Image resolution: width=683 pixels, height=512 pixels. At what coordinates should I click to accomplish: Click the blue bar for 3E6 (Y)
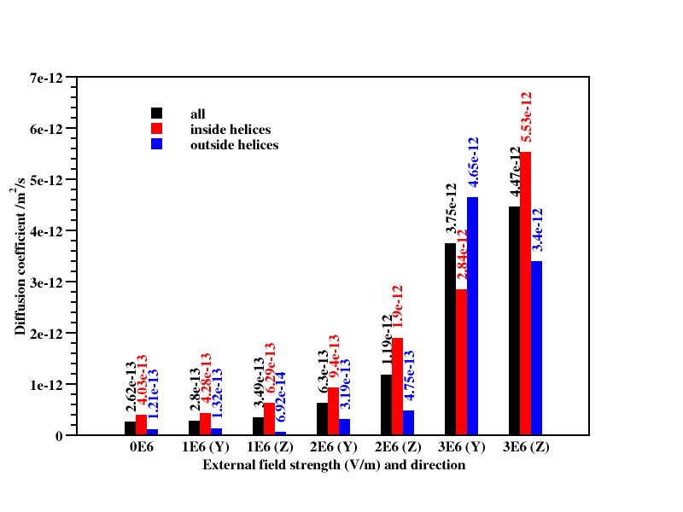472,316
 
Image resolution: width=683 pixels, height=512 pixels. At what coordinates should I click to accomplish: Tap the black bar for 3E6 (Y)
451,339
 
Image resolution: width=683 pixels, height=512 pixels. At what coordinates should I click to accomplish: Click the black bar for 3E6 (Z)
515,321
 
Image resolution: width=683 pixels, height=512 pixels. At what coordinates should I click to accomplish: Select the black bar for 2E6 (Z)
387,404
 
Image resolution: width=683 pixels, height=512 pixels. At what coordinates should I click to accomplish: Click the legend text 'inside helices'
231,130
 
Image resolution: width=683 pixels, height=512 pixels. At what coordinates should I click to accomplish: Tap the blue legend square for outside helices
157,144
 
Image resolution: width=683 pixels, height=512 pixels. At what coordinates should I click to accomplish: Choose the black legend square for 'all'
157,113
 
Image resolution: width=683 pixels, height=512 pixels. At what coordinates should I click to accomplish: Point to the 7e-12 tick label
48,79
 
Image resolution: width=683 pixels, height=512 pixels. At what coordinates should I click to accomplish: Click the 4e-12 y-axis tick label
48,231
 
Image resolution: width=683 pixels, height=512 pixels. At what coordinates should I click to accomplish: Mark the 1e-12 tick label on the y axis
48,385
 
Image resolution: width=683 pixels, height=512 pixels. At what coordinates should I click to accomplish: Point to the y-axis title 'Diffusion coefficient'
20,256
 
